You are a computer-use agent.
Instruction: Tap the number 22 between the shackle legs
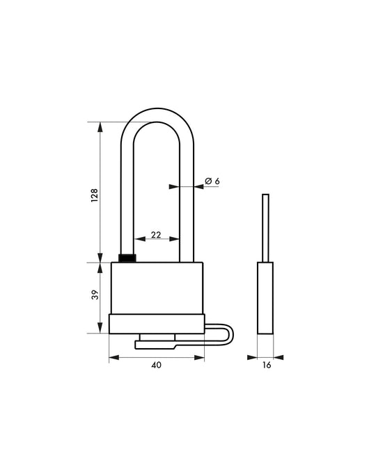[x=156, y=235]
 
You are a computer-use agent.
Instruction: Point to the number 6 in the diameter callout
[x=217, y=181]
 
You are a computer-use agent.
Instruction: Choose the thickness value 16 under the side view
[x=266, y=366]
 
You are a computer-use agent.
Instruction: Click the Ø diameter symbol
[x=207, y=181]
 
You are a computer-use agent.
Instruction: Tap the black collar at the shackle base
[x=128, y=259]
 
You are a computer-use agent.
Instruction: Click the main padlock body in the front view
[x=157, y=288]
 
